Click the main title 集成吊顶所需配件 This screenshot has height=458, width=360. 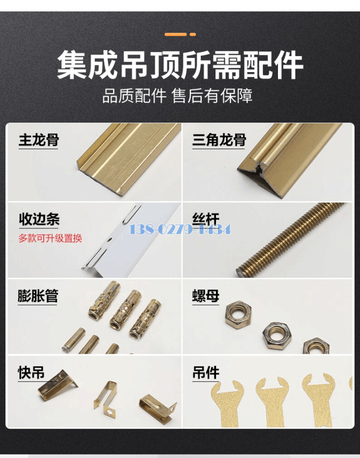[x=180, y=65]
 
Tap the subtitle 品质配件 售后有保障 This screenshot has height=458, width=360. [x=177, y=96]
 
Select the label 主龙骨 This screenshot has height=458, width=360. [x=39, y=140]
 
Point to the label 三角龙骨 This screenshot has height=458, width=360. [x=219, y=140]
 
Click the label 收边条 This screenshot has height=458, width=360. [x=39, y=219]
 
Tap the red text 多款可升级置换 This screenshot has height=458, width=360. [x=50, y=238]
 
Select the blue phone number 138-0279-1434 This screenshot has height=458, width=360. [x=180, y=229]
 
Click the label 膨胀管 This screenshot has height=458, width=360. [x=38, y=296]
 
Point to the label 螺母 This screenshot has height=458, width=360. [x=205, y=296]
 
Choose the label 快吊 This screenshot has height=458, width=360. [x=31, y=373]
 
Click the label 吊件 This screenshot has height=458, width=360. [x=205, y=373]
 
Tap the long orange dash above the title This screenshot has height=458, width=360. [x=175, y=35]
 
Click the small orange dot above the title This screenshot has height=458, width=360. [x=192, y=35]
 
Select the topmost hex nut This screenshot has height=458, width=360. [x=238, y=314]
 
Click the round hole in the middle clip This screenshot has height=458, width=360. [x=109, y=412]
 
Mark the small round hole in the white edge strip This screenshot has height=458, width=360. [x=109, y=241]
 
